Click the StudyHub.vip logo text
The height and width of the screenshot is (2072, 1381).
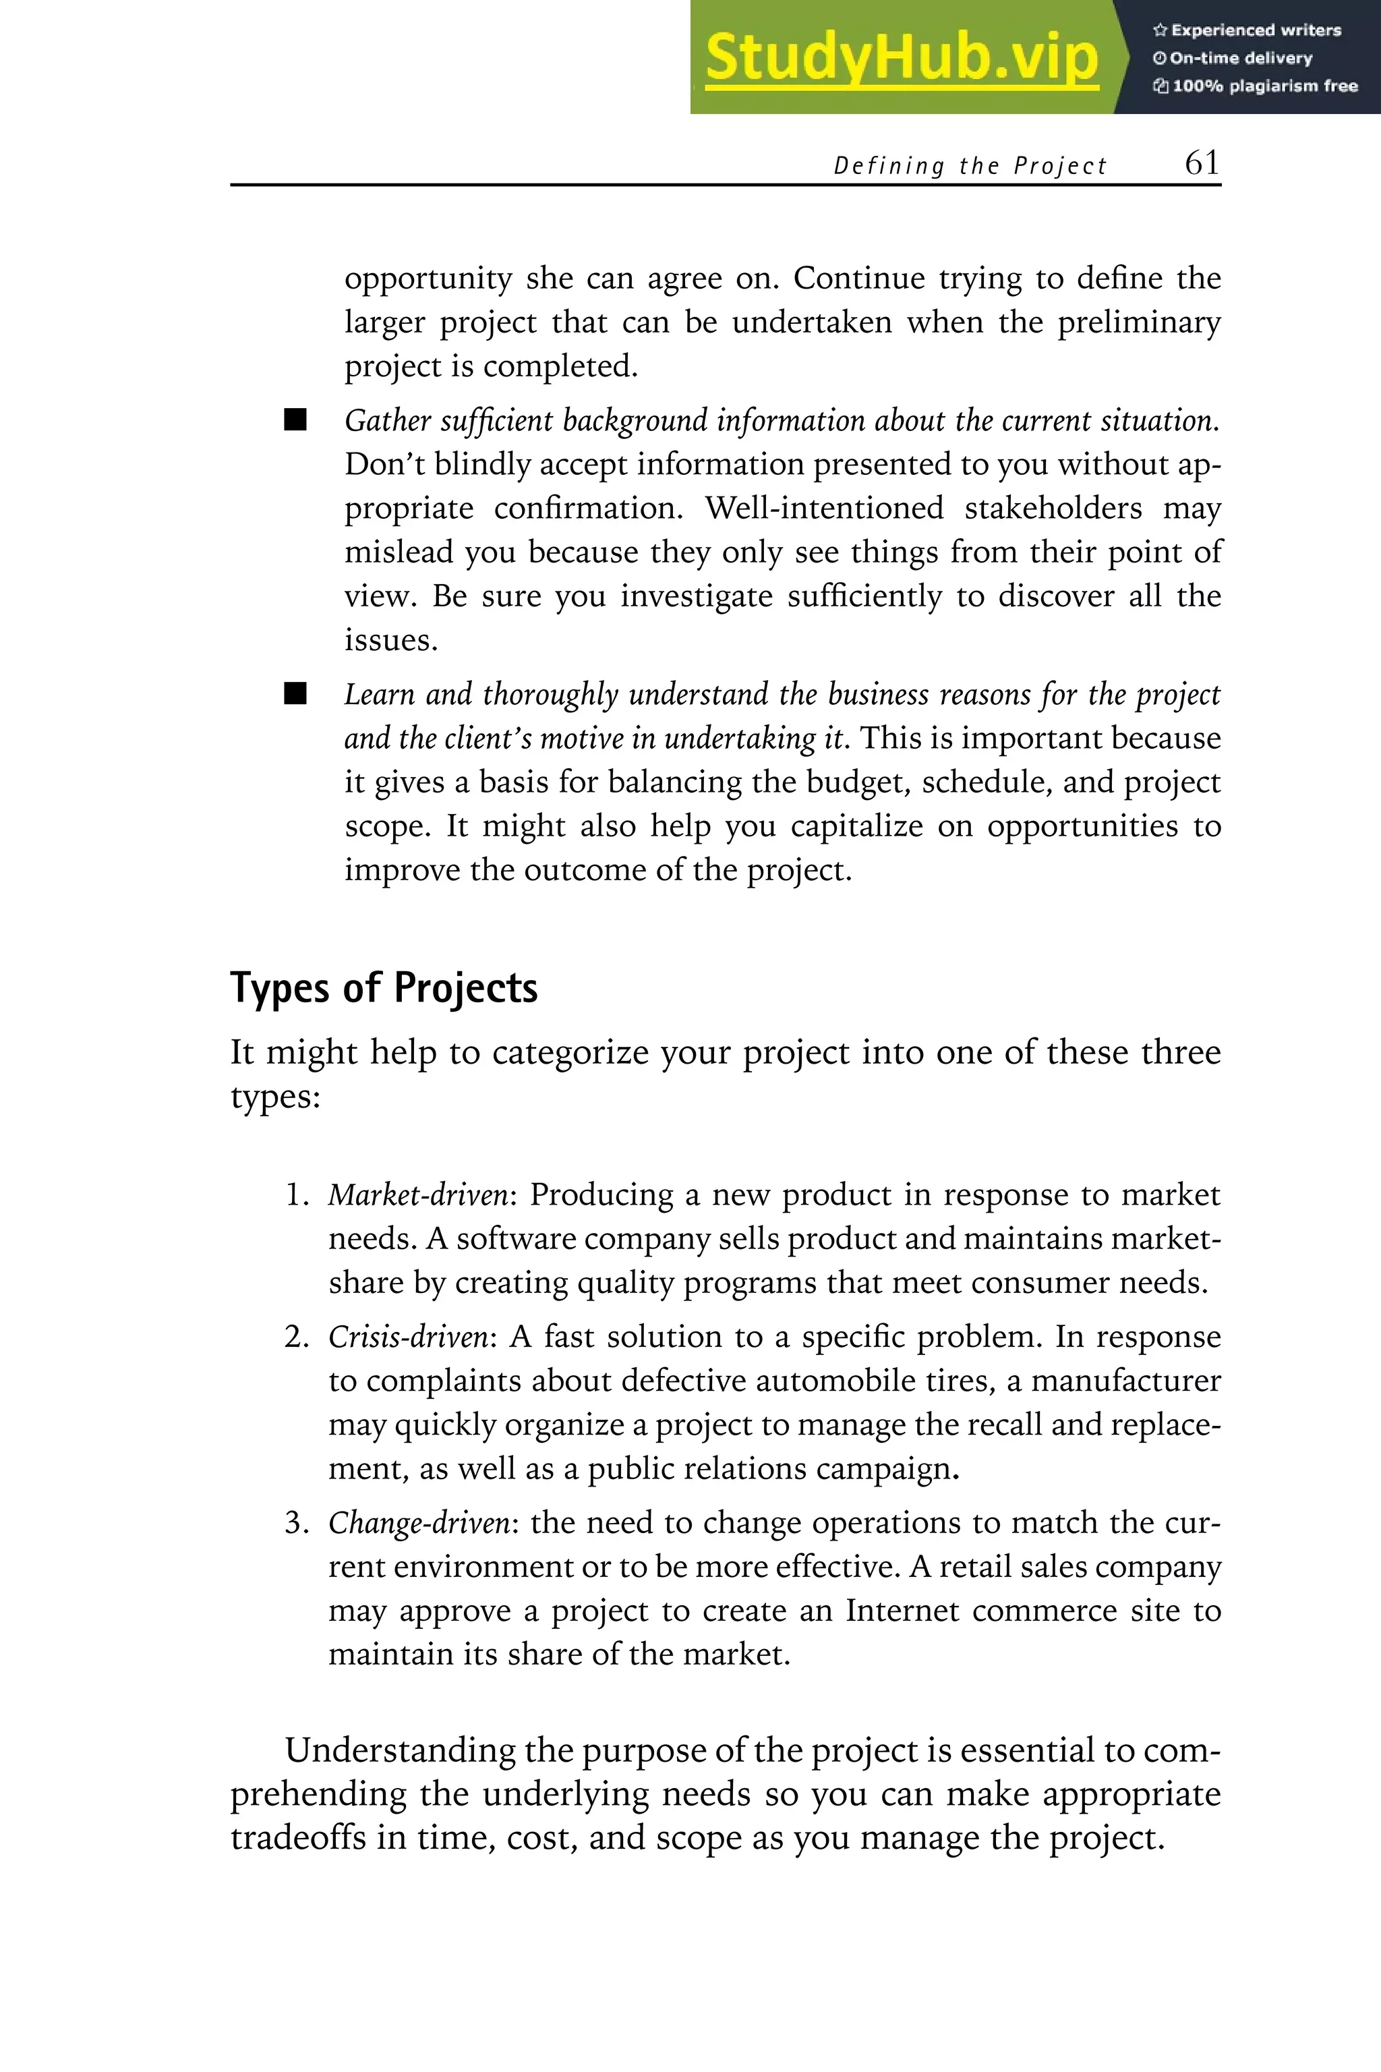(901, 57)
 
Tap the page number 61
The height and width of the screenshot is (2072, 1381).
(1202, 163)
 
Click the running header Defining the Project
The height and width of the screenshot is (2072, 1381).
(969, 166)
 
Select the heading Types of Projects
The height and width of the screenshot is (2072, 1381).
(383, 987)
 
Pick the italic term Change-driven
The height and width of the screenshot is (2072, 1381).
(418, 1522)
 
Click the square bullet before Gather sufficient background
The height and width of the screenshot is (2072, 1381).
(295, 420)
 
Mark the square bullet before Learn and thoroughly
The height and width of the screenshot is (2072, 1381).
(295, 694)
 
